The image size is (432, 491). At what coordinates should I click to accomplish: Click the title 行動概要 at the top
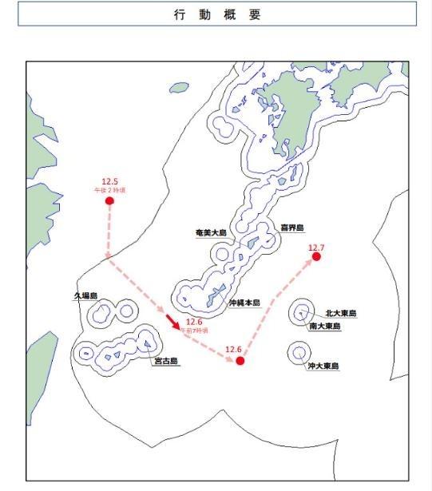click(x=216, y=14)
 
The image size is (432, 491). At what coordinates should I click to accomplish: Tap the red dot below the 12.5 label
click(x=109, y=200)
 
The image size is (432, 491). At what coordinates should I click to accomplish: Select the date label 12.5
click(x=109, y=181)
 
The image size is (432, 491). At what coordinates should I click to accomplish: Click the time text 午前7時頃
click(x=194, y=330)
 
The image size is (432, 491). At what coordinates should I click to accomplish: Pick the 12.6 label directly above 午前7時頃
click(x=194, y=322)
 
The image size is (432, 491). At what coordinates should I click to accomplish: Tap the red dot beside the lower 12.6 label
click(x=240, y=361)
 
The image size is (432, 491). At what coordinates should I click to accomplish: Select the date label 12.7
click(x=317, y=248)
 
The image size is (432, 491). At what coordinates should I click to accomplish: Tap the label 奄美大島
click(x=211, y=232)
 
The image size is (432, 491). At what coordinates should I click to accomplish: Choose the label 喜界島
click(x=291, y=228)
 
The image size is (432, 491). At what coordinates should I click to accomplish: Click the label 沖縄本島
click(x=244, y=303)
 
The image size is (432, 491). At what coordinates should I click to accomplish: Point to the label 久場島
click(x=85, y=295)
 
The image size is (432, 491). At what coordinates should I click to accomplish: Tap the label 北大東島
click(x=341, y=314)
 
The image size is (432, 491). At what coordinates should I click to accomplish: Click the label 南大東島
click(x=325, y=327)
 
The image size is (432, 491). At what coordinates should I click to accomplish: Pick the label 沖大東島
click(x=323, y=366)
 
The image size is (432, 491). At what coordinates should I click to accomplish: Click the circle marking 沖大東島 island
click(x=300, y=351)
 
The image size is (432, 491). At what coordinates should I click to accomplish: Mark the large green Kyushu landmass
click(x=299, y=120)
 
